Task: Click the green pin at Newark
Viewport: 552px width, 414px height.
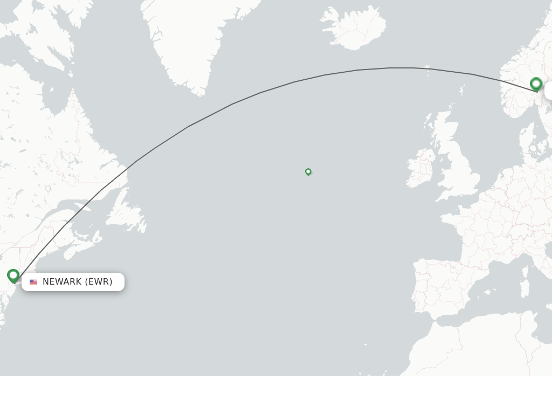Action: [x=13, y=275]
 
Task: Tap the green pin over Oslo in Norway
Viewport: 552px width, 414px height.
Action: [x=536, y=84]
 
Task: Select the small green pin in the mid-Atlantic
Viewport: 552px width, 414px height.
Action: [x=308, y=171]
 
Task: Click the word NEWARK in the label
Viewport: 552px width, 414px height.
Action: [x=62, y=282]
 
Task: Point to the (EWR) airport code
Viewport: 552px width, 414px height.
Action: [x=99, y=282]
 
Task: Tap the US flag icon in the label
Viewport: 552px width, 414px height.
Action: [x=33, y=282]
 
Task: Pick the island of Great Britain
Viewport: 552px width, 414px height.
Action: [x=458, y=172]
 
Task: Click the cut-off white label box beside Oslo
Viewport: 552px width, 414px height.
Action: [x=548, y=91]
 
